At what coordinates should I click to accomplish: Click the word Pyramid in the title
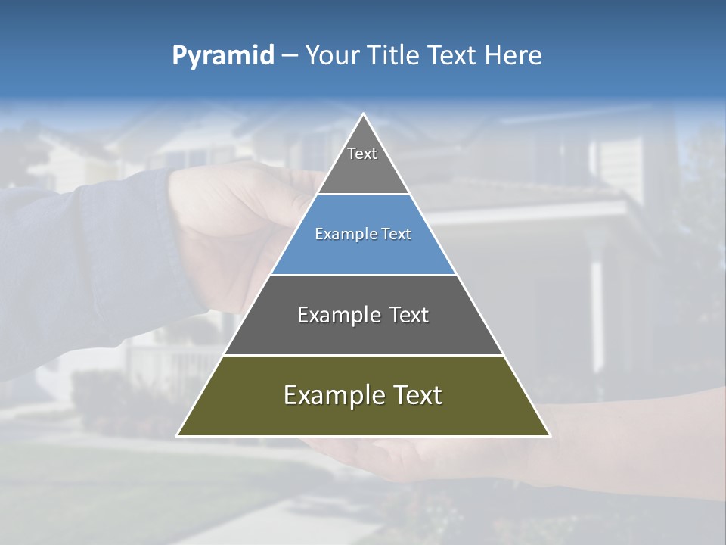click(x=222, y=56)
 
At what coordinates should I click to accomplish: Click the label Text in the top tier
click(x=362, y=154)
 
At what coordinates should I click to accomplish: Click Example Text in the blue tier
click(x=363, y=234)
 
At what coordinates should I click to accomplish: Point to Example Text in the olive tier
click(x=363, y=395)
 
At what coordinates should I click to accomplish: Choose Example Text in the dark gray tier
click(x=363, y=315)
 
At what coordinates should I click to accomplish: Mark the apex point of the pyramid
click(x=363, y=115)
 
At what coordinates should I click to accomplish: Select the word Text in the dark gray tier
click(x=409, y=315)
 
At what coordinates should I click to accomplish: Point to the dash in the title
click(x=290, y=56)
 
